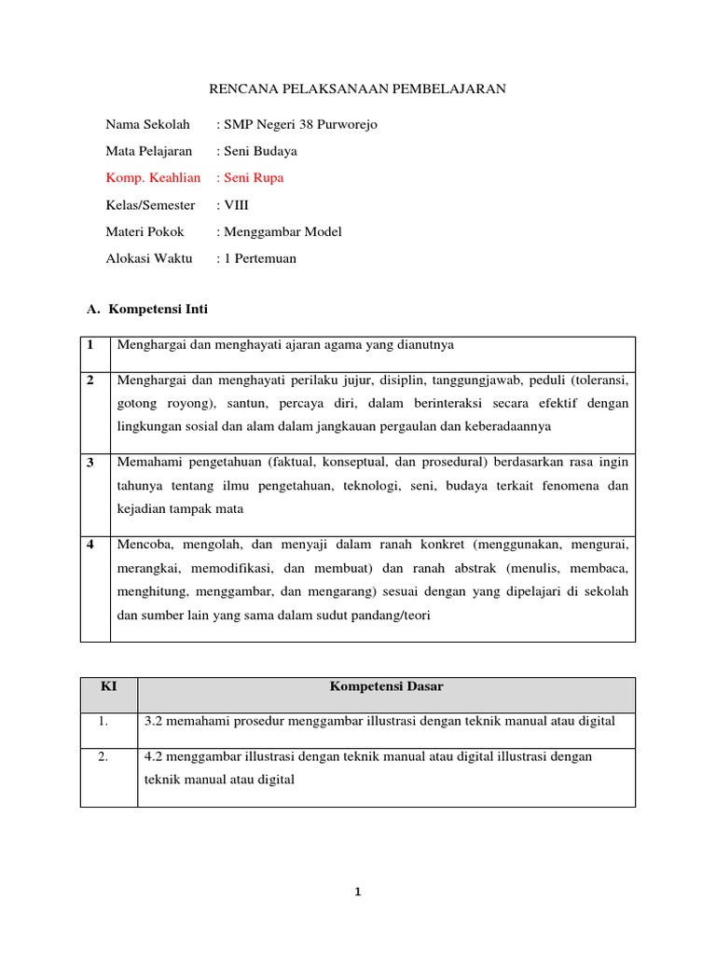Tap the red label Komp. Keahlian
tap(153, 177)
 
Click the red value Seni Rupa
tap(252, 177)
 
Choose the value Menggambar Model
tap(281, 231)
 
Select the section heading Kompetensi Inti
tap(164, 309)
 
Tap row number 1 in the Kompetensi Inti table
tap(90, 345)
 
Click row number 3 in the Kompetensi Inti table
tap(90, 463)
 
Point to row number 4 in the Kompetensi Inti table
tap(90, 544)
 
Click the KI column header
tap(108, 687)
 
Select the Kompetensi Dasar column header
tap(386, 687)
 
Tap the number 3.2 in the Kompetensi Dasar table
tap(154, 721)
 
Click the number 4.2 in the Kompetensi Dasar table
tap(154, 756)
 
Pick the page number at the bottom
tap(357, 893)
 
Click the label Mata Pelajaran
tap(149, 150)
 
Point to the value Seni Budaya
tap(259, 150)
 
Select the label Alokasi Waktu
tap(149, 258)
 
